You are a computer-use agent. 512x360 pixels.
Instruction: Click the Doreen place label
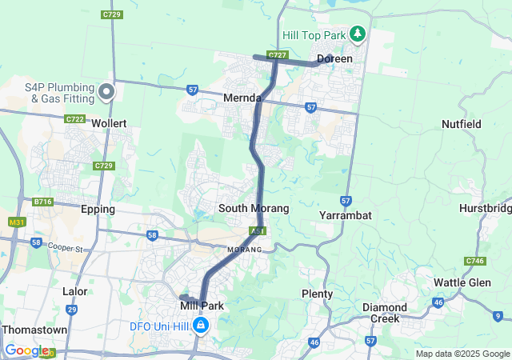pyautogui.click(x=334, y=58)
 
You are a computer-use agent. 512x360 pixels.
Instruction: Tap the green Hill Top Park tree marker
pyautogui.click(x=358, y=34)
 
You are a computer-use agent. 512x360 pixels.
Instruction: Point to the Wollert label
pyautogui.click(x=110, y=124)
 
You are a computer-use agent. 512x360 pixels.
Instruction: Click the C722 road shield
pyautogui.click(x=75, y=118)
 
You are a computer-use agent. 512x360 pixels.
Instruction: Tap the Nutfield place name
pyautogui.click(x=462, y=124)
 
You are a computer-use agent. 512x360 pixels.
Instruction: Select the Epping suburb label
pyautogui.click(x=98, y=209)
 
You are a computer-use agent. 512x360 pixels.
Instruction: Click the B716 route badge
pyautogui.click(x=42, y=202)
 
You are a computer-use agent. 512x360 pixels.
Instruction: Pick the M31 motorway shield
pyautogui.click(x=16, y=222)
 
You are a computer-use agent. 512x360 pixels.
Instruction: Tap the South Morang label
pyautogui.click(x=254, y=208)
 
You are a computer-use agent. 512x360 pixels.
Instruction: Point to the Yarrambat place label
pyautogui.click(x=344, y=216)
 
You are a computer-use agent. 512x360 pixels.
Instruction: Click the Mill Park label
pyautogui.click(x=202, y=306)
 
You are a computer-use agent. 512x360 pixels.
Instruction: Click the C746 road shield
pyautogui.click(x=475, y=261)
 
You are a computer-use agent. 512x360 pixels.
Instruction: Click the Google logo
pyautogui.click(x=26, y=350)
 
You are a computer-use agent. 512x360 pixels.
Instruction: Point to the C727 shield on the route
pyautogui.click(x=277, y=55)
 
